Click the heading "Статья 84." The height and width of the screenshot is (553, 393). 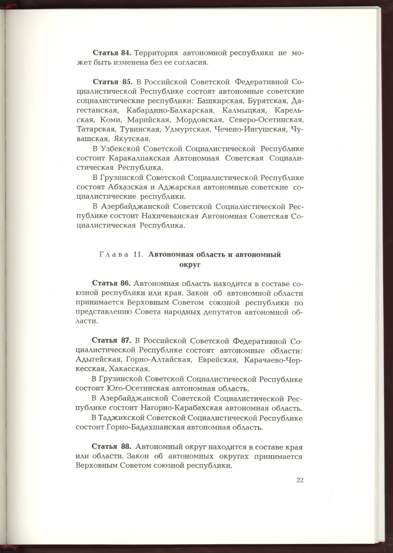point(112,53)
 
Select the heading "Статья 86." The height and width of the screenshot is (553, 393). point(111,284)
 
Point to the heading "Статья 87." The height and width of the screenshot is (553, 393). point(111,340)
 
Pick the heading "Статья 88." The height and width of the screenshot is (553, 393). point(111,447)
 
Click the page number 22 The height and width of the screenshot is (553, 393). point(300,480)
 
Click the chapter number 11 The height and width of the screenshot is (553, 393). point(139,255)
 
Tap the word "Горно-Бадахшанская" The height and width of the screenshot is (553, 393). point(144,427)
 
